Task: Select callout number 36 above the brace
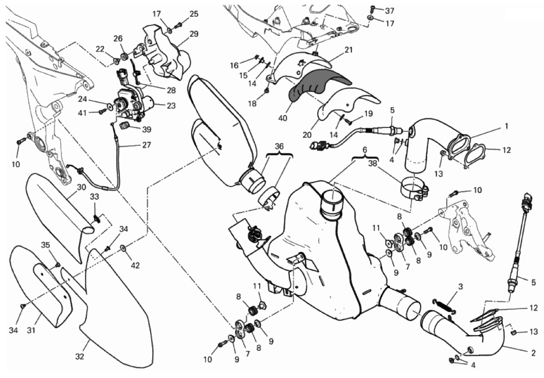tap(279, 147)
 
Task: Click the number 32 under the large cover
tap(80, 357)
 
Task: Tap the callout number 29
tap(194, 34)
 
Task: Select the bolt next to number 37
tap(372, 8)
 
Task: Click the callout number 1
tap(506, 126)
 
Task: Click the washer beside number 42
tap(123, 248)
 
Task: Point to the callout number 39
tap(147, 129)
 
